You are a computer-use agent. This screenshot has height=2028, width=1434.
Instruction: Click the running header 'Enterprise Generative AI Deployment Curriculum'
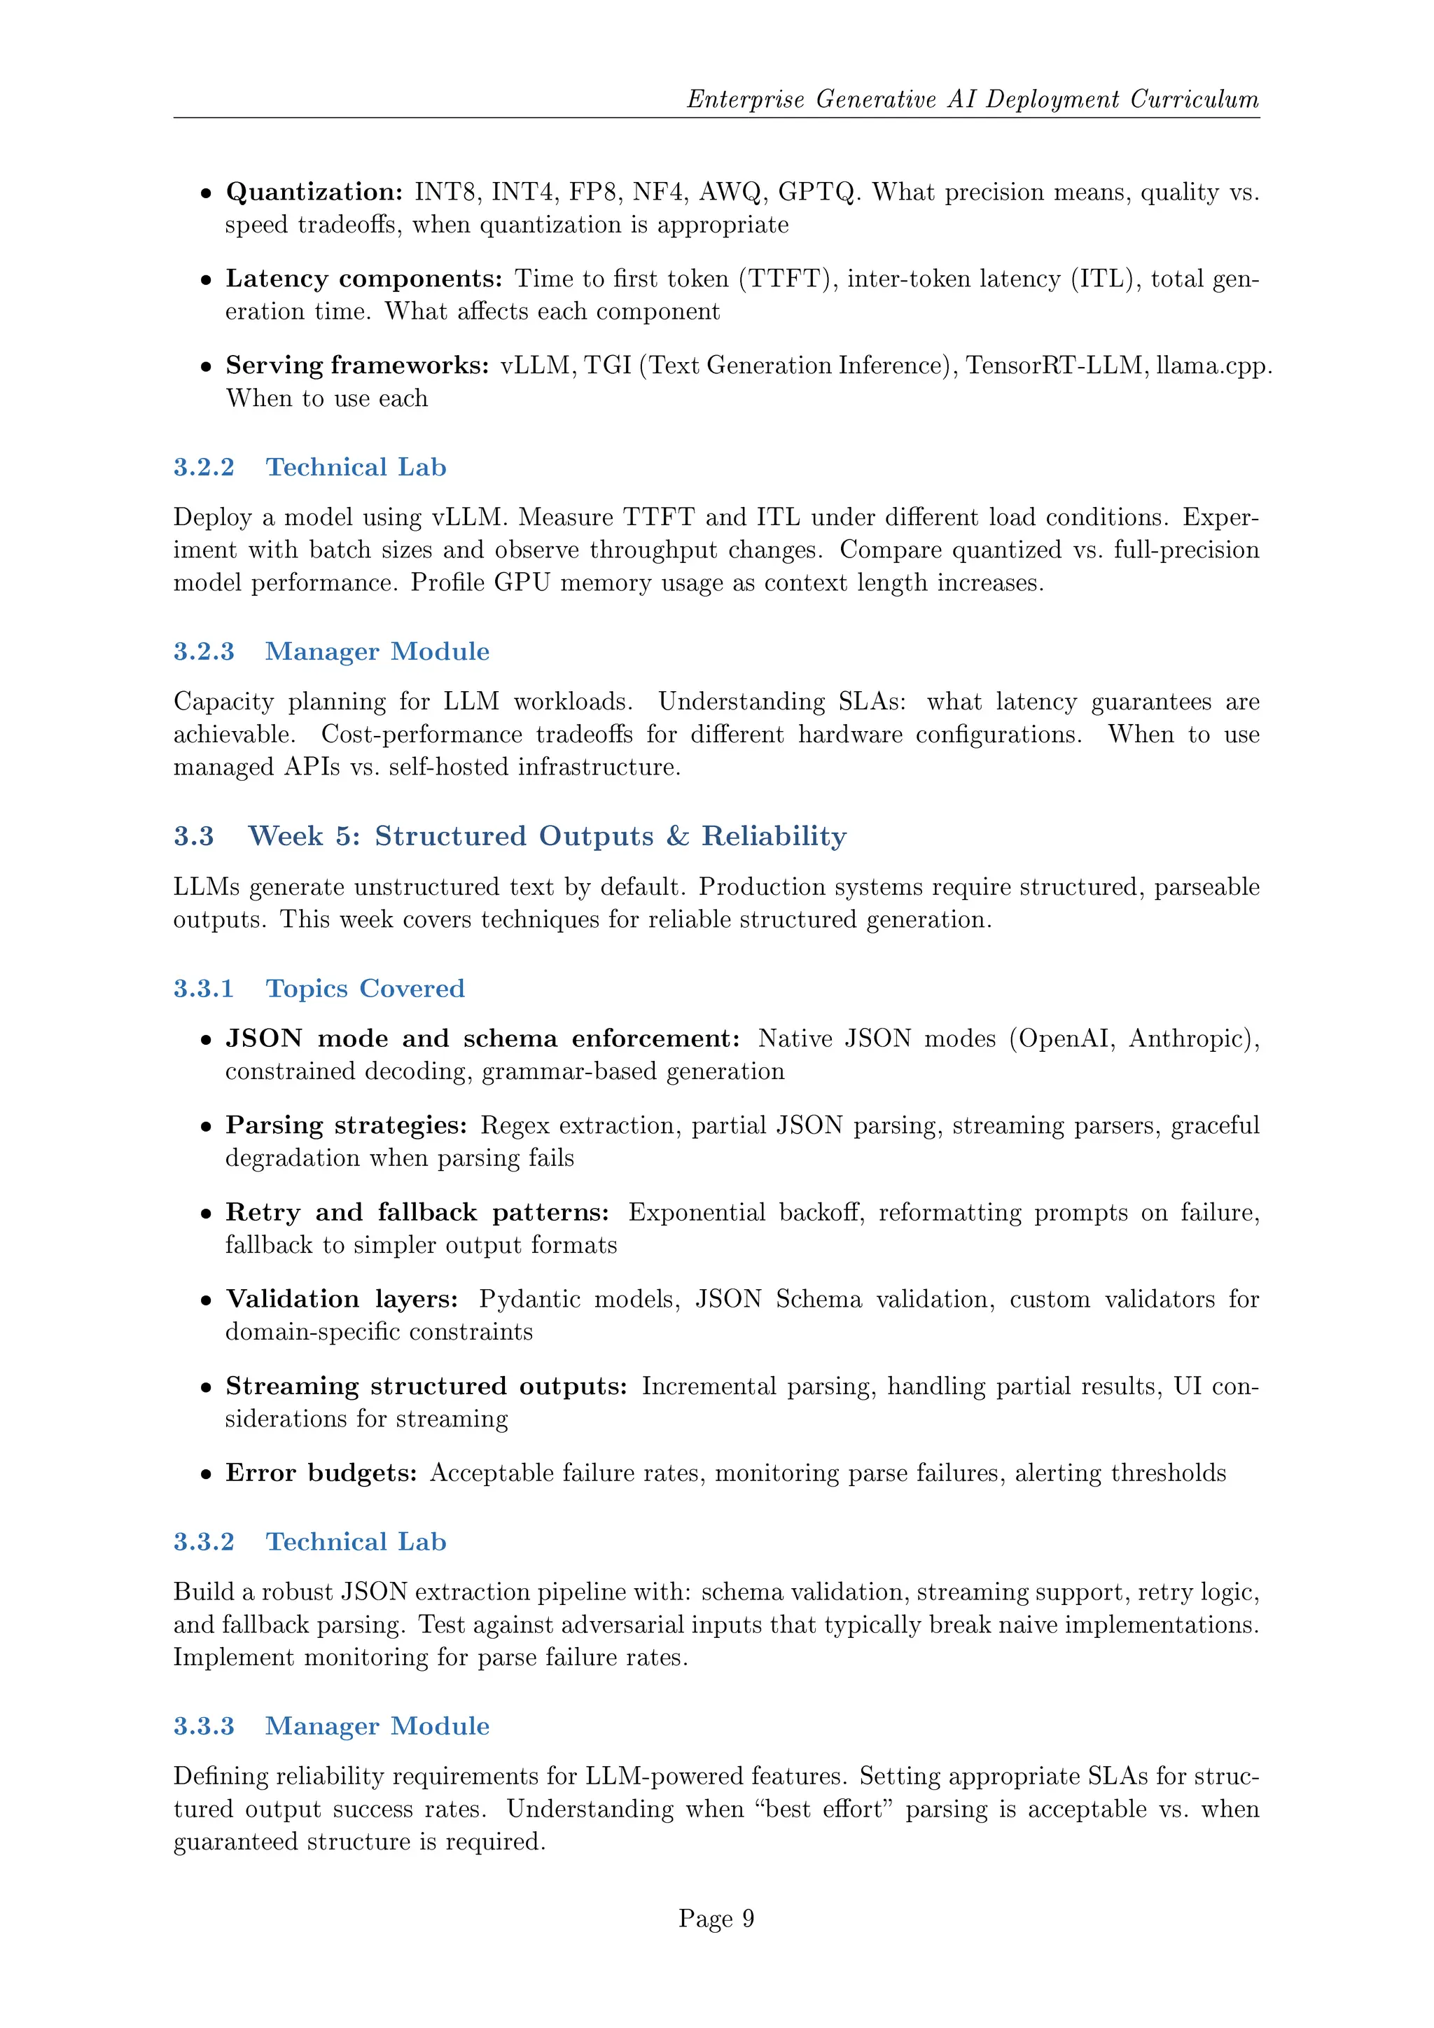(x=972, y=99)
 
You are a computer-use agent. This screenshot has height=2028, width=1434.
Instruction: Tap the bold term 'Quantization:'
(x=314, y=193)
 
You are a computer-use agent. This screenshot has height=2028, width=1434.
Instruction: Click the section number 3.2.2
(x=204, y=467)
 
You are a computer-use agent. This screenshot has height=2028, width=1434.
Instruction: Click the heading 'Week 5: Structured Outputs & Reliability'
(x=547, y=835)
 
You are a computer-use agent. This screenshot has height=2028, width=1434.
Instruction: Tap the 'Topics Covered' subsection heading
(x=365, y=988)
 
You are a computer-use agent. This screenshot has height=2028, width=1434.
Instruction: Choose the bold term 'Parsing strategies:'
(x=346, y=1125)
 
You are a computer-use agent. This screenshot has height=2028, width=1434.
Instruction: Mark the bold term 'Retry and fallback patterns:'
(x=417, y=1213)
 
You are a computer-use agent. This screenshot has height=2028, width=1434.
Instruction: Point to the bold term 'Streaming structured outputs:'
(x=426, y=1386)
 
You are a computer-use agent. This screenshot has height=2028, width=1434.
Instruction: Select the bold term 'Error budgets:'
(x=321, y=1473)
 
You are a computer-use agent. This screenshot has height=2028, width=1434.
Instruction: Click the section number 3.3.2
(x=204, y=1542)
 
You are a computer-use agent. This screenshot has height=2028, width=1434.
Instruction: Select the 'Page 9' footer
(x=716, y=1919)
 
